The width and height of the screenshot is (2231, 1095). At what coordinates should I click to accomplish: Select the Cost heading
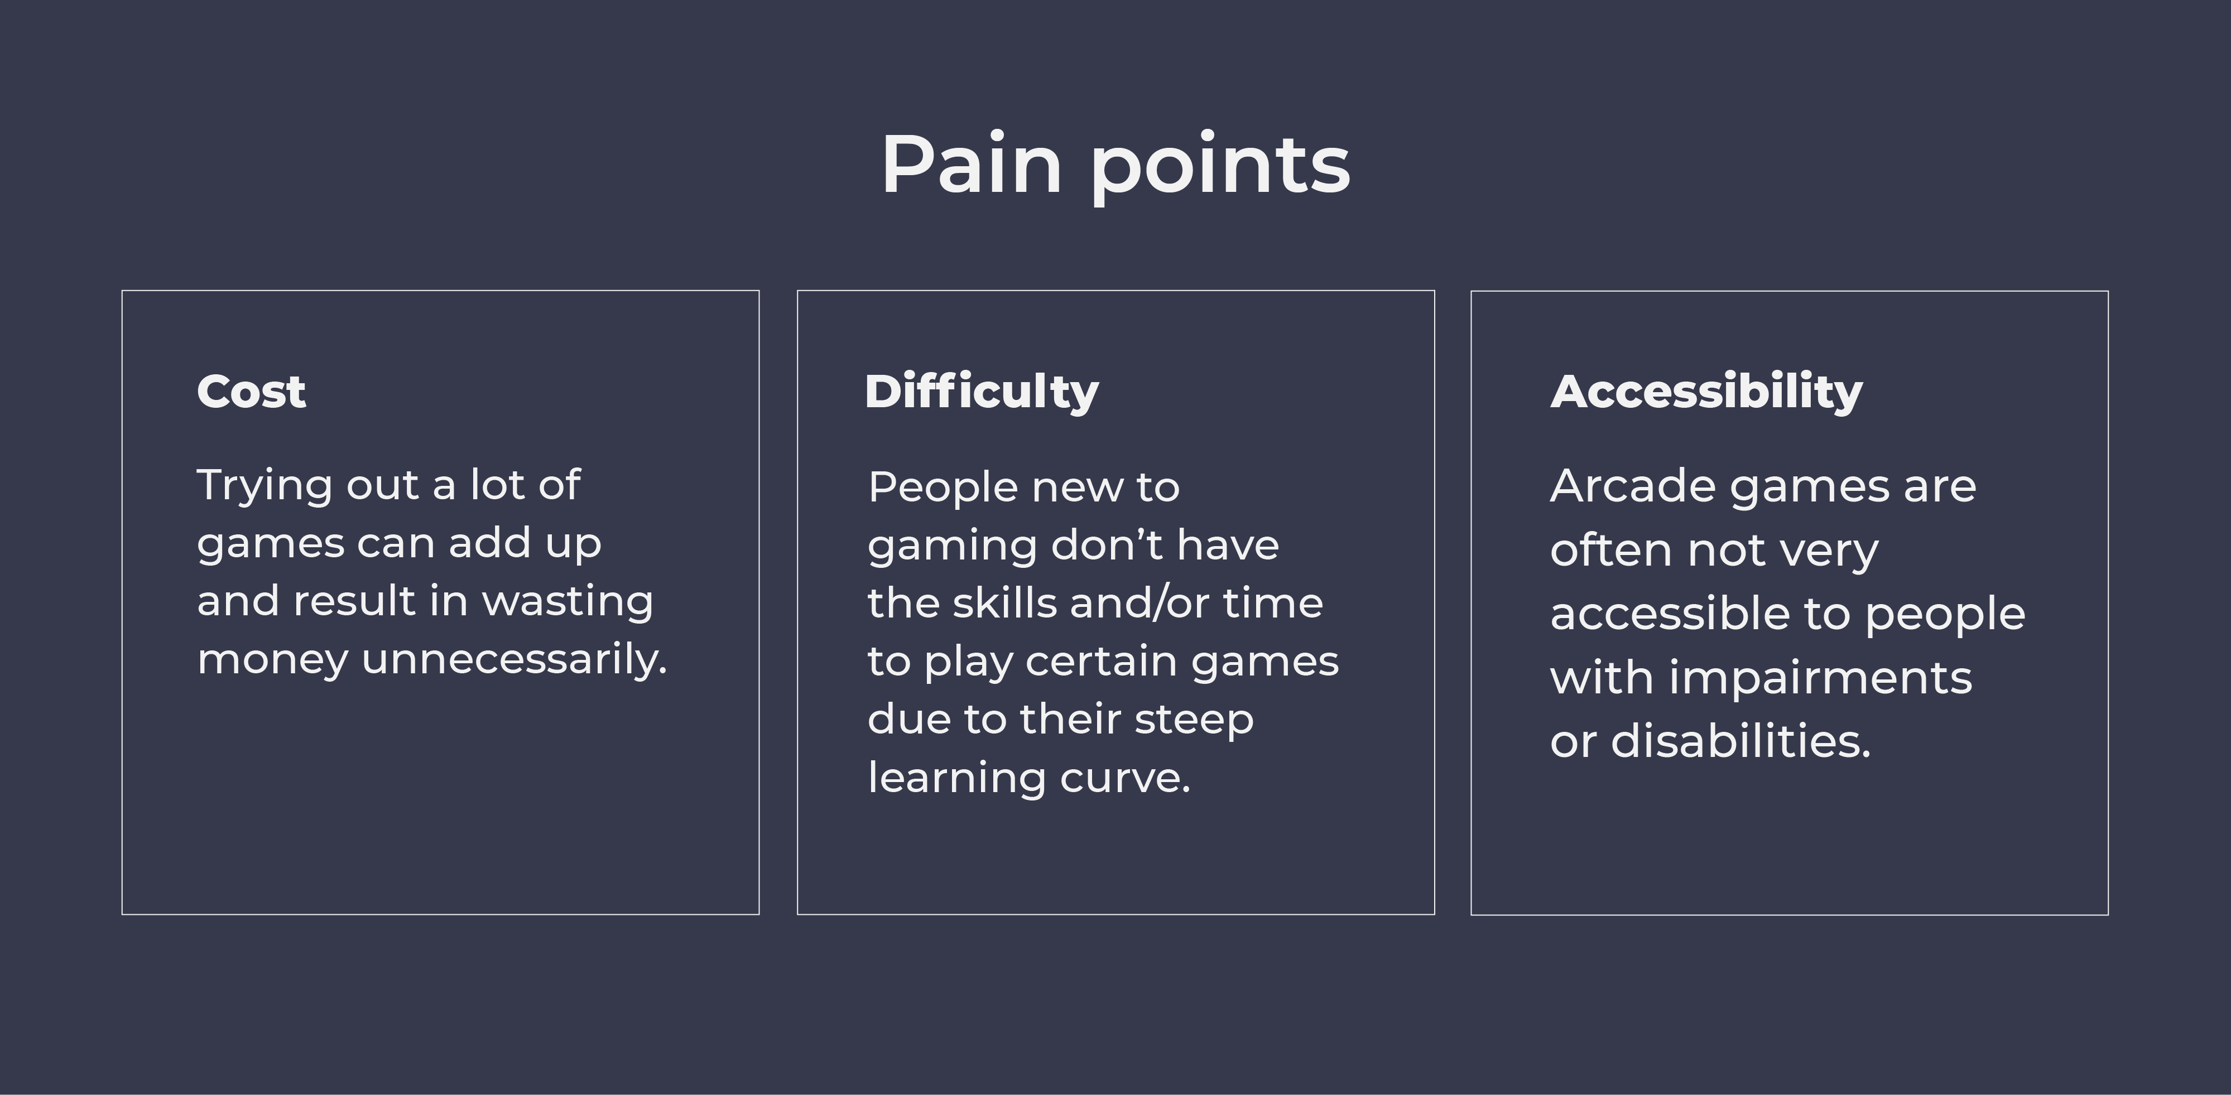pos(251,392)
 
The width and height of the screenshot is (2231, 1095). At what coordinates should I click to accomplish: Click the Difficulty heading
pos(981,392)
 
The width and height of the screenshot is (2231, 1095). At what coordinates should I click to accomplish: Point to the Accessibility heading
pos(1706,392)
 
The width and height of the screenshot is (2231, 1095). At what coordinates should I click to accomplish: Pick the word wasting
pos(568,601)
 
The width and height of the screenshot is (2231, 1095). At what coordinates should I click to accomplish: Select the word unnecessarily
pos(515,659)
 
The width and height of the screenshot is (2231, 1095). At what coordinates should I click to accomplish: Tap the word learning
pos(956,778)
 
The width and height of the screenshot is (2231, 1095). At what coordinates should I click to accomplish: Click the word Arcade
pos(1633,486)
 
